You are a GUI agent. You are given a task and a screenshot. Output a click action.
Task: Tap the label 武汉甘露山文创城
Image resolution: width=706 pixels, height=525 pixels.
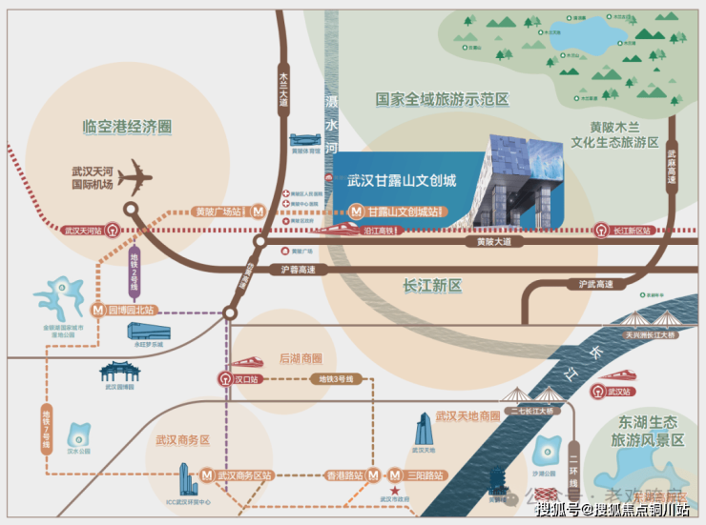click(402, 179)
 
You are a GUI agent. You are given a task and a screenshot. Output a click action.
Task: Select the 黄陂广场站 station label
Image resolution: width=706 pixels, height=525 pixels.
click(218, 212)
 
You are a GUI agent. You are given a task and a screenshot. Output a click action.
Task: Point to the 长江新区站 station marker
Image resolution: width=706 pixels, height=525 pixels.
click(601, 229)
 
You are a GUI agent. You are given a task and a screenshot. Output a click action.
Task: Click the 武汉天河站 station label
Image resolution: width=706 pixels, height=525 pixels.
click(84, 230)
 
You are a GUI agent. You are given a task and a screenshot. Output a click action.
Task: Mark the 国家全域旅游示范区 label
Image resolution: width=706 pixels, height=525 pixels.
click(442, 98)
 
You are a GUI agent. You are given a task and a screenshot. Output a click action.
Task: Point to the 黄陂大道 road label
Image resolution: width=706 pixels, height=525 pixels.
click(493, 242)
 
